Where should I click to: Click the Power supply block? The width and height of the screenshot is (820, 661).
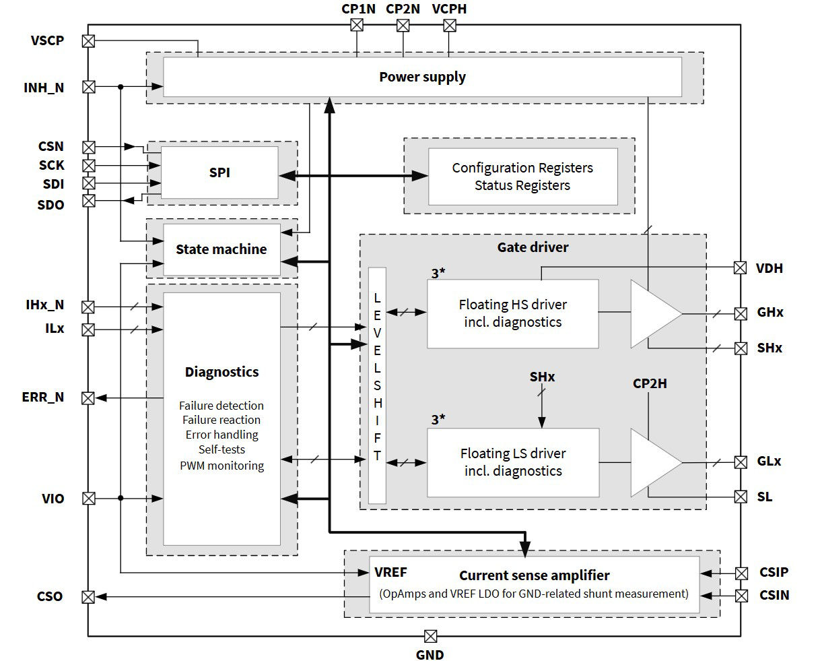(422, 77)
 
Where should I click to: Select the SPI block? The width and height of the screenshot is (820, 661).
(219, 172)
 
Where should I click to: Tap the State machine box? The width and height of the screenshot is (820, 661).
(221, 249)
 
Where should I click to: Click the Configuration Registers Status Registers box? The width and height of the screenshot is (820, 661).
(522, 177)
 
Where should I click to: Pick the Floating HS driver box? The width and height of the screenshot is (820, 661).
(512, 313)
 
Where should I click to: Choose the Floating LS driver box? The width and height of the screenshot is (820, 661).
(512, 462)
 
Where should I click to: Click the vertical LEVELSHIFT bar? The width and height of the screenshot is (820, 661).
(377, 385)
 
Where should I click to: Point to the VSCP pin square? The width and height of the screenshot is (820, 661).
(88, 41)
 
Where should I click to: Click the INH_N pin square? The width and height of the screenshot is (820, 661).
(88, 87)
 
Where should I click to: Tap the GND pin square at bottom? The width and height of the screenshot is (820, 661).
(430, 636)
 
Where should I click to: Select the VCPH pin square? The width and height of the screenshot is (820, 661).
(450, 26)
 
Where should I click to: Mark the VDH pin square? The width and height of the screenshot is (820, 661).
(741, 267)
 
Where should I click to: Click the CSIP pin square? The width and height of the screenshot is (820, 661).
(741, 573)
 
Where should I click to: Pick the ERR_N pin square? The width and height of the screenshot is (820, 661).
(88, 398)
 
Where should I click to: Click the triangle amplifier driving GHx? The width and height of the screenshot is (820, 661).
(652, 313)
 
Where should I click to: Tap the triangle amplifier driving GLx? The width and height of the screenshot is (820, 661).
(652, 462)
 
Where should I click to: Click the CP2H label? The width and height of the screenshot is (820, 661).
(650, 383)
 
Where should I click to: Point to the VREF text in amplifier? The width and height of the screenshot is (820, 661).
(390, 572)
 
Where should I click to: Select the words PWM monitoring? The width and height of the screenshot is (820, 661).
(221, 466)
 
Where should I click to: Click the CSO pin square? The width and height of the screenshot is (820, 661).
(88, 596)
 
